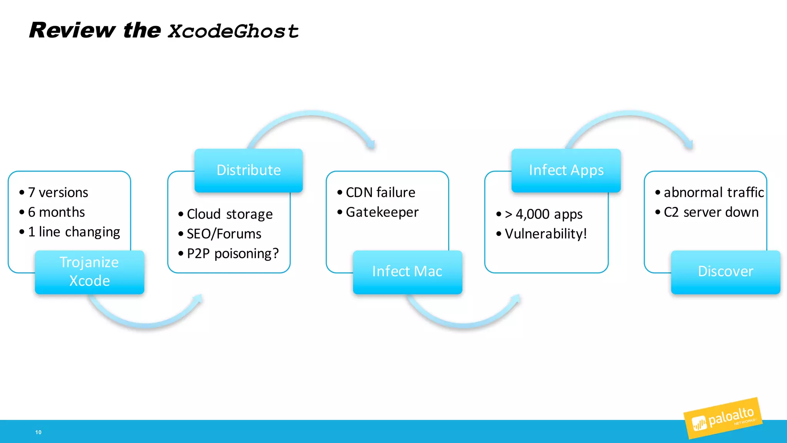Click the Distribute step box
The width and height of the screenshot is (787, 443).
tap(249, 170)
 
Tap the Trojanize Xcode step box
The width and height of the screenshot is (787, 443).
tap(90, 272)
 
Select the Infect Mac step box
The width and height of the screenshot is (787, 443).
tap(407, 272)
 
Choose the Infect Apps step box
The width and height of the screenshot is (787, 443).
tap(566, 170)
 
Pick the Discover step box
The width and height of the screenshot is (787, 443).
tap(725, 272)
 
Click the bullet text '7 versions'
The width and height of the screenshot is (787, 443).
tap(58, 192)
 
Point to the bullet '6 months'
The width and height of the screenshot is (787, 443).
tap(56, 212)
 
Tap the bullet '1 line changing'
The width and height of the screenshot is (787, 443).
tap(74, 232)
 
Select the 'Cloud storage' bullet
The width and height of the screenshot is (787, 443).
tap(229, 214)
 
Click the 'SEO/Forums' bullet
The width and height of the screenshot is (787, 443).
tap(224, 234)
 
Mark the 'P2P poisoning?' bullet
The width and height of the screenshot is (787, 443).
tap(232, 254)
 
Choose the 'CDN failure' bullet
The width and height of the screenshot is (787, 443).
tap(380, 192)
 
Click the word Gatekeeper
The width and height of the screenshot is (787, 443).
tap(382, 212)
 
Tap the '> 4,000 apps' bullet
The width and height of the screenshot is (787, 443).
tap(543, 214)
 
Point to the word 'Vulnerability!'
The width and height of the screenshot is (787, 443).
tap(546, 234)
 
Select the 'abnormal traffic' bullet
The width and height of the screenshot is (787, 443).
tap(714, 192)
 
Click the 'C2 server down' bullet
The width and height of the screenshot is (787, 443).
tap(711, 212)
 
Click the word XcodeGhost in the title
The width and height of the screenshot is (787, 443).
tap(233, 31)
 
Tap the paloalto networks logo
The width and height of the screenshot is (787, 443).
tap(723, 419)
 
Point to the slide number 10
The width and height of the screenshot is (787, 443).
tap(38, 432)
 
